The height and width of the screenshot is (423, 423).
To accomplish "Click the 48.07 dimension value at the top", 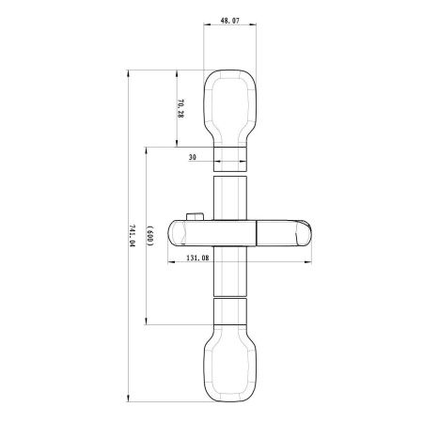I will click(x=228, y=18).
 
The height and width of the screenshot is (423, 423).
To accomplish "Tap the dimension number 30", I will click(x=193, y=157).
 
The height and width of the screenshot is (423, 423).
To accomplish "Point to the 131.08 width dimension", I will click(x=197, y=257).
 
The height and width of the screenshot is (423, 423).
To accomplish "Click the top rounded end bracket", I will click(x=228, y=103).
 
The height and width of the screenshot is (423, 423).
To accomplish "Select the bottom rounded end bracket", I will click(x=228, y=360).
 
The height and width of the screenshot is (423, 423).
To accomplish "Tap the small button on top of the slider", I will click(x=194, y=218).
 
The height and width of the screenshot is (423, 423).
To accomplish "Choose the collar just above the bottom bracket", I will click(x=228, y=309).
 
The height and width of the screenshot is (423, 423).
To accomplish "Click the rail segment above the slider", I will click(x=228, y=197).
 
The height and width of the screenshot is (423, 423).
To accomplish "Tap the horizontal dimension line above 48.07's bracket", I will click(x=228, y=28).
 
